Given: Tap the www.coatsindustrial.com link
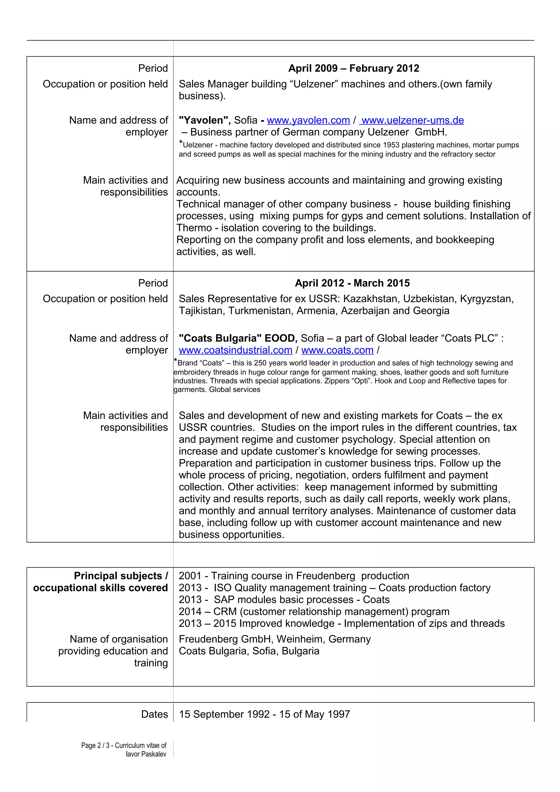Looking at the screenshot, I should coord(235,350).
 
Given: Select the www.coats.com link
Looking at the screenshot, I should coord(337,350).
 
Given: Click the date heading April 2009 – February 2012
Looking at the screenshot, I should coord(354,68).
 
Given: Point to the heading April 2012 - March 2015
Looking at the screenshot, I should coord(352,283).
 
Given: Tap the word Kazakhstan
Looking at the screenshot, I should coord(371,299).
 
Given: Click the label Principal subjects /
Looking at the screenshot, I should coord(121,576).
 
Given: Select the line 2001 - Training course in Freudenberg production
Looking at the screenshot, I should coord(294,576).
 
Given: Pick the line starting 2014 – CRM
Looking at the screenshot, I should coord(314,611).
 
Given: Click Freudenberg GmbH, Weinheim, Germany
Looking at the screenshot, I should coord(274,639).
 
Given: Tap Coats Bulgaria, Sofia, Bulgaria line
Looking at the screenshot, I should coord(249,651).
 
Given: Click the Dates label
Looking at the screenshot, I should coord(154,714).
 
